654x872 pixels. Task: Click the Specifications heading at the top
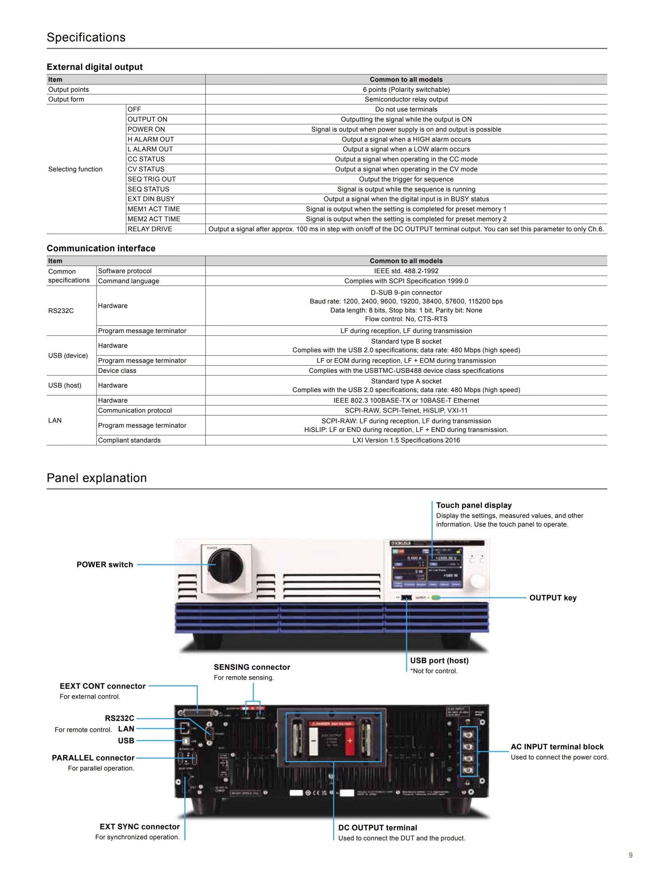coord(86,37)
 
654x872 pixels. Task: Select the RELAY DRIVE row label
coord(150,229)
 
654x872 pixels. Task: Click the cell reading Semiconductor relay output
coord(406,99)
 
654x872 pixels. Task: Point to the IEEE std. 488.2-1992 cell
coord(406,271)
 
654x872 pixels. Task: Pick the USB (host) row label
coord(65,385)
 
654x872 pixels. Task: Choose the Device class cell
coord(117,371)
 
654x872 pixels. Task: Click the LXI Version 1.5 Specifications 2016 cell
coord(406,440)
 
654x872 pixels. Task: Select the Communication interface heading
coord(101,248)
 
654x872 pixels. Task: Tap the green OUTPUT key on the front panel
coord(435,598)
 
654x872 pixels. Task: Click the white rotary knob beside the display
coord(477,581)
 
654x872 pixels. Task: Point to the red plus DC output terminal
coord(350,741)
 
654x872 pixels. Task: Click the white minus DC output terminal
coord(313,741)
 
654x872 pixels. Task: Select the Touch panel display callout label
coord(473,505)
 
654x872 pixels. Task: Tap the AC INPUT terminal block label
coord(557,747)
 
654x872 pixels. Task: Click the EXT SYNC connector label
coord(140,827)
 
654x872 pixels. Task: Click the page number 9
coord(630,855)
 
